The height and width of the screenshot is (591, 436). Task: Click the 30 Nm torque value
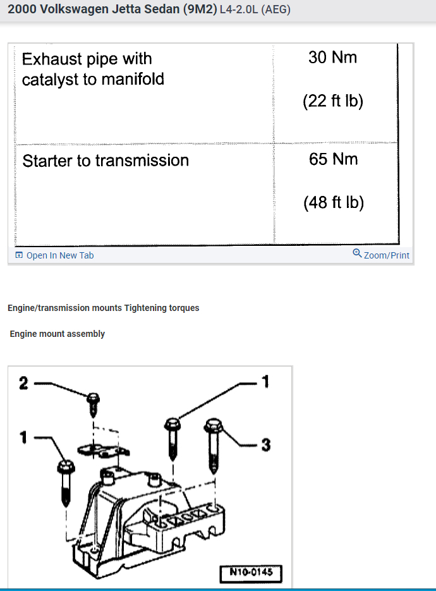(332, 58)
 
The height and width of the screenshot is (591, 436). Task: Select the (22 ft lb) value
(333, 101)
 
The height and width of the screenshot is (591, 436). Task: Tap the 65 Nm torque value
(333, 159)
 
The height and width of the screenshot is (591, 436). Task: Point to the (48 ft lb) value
(334, 203)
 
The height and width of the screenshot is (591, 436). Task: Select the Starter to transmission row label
(106, 161)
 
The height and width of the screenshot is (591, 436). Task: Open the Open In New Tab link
(59, 255)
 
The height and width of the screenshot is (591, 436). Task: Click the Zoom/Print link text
(386, 255)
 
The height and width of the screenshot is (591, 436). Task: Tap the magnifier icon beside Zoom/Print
(357, 254)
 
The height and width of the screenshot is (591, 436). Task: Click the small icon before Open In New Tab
(19, 255)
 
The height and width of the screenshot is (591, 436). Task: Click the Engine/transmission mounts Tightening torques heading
(103, 308)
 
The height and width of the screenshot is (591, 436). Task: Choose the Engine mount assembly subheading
(57, 334)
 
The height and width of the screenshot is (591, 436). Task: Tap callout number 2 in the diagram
(23, 382)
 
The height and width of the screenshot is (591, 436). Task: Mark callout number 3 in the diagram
(266, 446)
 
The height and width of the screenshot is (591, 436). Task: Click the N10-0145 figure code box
(250, 574)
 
